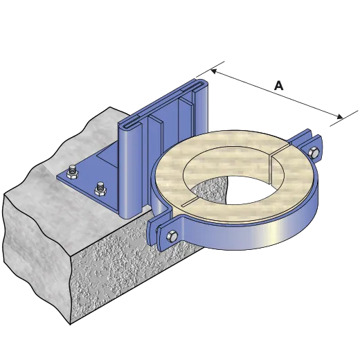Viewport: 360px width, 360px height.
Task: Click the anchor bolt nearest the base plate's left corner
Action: point(71,170)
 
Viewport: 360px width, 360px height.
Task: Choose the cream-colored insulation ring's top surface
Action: point(208,156)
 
